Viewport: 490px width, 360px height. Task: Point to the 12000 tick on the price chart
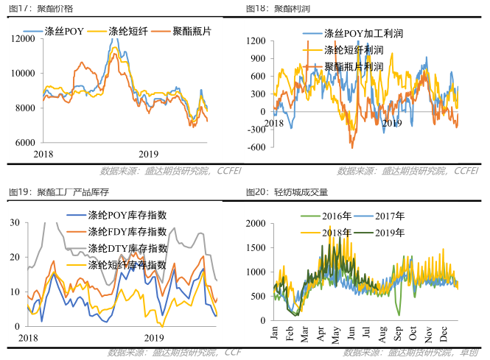click(x=23, y=39)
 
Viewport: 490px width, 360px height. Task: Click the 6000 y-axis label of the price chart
click(x=25, y=143)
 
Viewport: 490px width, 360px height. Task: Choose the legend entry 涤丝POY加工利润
click(x=364, y=34)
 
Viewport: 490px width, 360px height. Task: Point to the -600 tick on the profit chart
click(x=255, y=147)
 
